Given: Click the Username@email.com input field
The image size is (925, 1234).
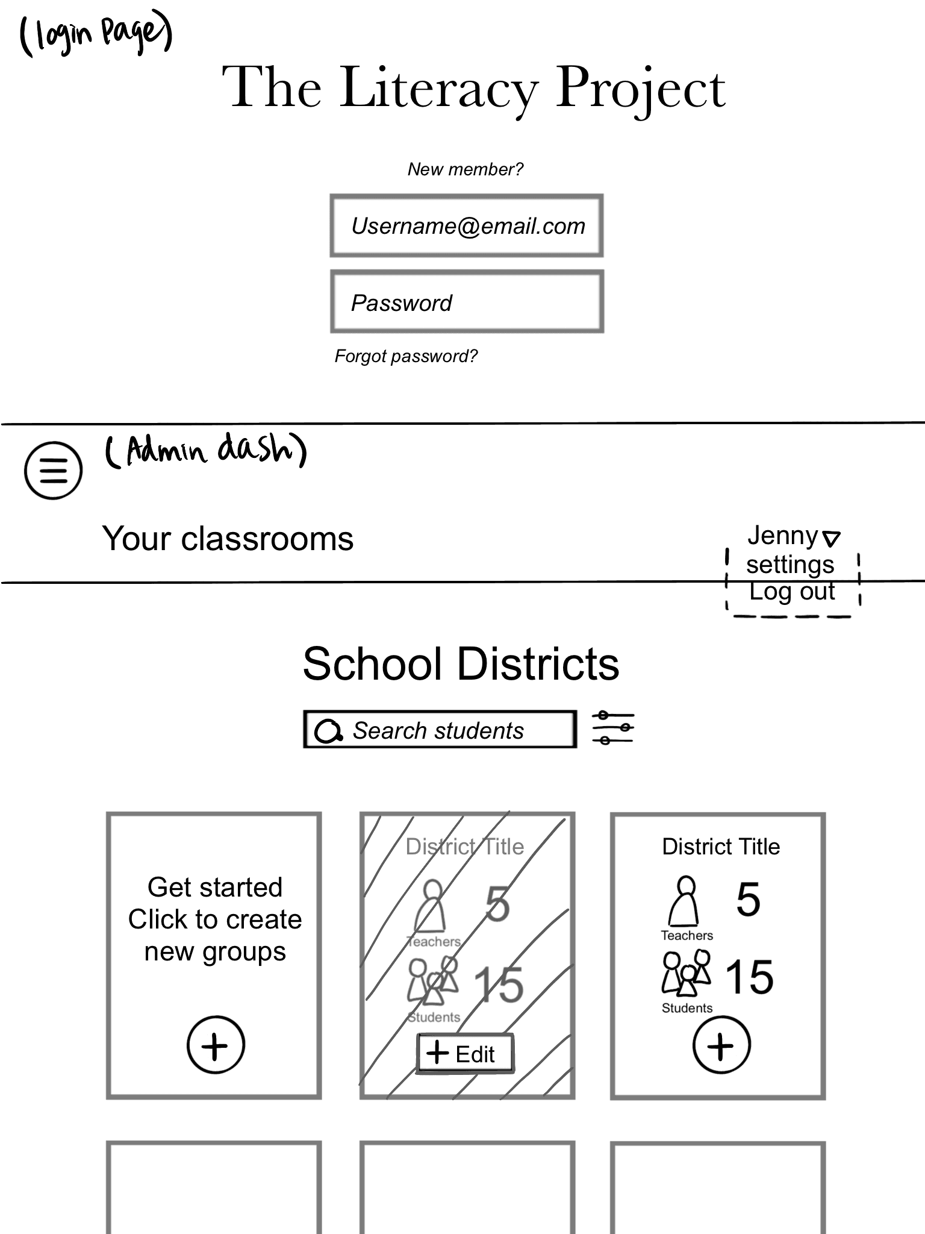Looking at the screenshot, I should tap(467, 226).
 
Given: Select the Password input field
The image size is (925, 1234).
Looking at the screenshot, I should tap(467, 302).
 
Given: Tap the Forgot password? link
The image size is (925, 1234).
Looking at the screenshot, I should tap(406, 356).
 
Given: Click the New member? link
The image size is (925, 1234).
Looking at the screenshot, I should tap(465, 169).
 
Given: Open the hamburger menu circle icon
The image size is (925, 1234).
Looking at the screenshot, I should tap(53, 471).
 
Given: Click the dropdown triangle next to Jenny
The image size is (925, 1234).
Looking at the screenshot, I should tap(831, 538).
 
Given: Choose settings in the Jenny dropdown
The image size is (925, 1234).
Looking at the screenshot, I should tap(790, 565).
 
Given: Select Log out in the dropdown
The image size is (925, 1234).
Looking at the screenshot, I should tap(792, 592).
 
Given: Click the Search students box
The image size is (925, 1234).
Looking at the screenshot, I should tap(440, 730).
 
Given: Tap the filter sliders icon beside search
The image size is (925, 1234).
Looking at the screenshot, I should tap(612, 728).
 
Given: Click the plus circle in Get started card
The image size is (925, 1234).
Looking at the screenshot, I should tap(215, 1045).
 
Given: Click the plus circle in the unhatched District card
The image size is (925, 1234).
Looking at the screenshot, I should tap(721, 1045).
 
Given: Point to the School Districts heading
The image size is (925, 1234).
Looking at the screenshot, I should tap(461, 664).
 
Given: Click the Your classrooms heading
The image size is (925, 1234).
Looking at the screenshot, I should tap(228, 538).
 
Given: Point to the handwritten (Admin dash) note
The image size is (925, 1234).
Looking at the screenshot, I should tap(205, 450).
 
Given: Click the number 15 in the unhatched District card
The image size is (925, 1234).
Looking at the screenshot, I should tap(749, 977).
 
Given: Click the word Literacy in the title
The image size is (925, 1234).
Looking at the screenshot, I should tap(438, 89).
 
